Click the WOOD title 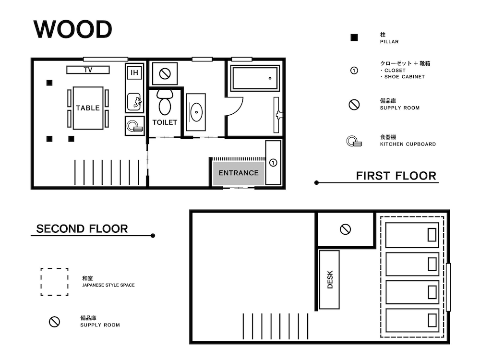pos(73,30)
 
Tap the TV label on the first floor pos(88,70)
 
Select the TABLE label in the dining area pos(88,108)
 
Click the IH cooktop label pos(134,73)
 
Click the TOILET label pos(165,122)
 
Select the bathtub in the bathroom pos(255,78)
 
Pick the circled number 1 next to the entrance pos(273,163)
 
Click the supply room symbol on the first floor pos(165,74)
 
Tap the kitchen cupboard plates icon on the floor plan pos(134,126)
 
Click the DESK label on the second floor pos(330,280)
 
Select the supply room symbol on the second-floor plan pos(345,229)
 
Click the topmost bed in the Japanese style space pos(412,235)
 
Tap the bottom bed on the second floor pos(412,320)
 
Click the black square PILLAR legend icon pos(354,38)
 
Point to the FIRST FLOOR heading pos(396,176)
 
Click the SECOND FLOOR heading pos(82,229)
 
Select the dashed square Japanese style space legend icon pos(54,282)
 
